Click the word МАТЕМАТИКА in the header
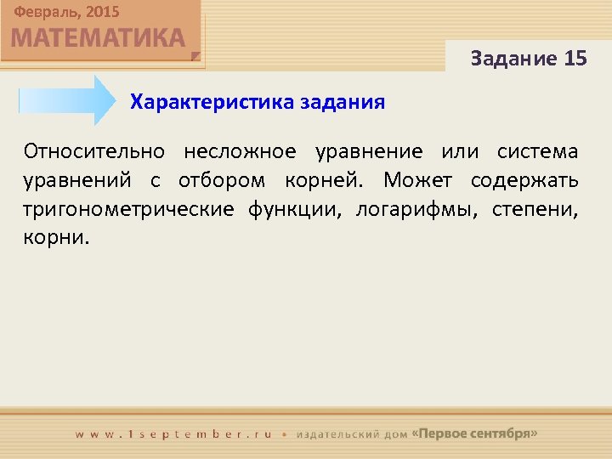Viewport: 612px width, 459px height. pos(99,38)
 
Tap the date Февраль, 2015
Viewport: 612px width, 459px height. pos(66,12)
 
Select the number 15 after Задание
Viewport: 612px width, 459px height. pos(575,59)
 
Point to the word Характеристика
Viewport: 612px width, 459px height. pos(212,103)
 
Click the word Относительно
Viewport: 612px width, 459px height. pos(93,152)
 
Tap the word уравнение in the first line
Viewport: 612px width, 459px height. pos(369,152)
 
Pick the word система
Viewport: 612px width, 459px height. pos(537,152)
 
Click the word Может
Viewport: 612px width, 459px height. pos(415,181)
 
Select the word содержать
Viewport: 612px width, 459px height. pos(523,181)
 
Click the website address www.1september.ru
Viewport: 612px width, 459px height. pos(173,433)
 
